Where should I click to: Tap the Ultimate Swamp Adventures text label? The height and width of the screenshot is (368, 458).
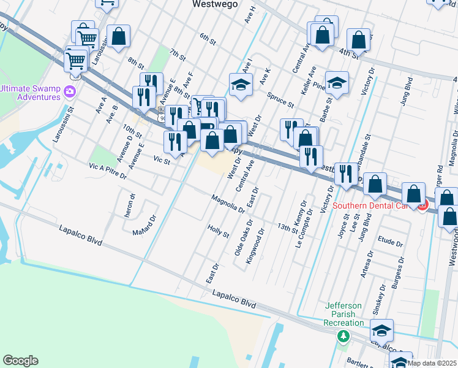pos(30,92)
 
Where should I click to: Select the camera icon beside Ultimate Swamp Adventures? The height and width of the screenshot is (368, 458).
pos(69,92)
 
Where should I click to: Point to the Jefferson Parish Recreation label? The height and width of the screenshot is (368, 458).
pos(343,314)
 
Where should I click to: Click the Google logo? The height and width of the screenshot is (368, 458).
pos(20,361)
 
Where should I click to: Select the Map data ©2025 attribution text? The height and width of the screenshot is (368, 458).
pos(432,362)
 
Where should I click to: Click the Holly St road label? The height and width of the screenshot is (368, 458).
pos(218,231)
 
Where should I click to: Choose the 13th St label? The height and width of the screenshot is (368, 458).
pos(287,228)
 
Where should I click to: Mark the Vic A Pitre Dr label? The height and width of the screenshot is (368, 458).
pos(107,171)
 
